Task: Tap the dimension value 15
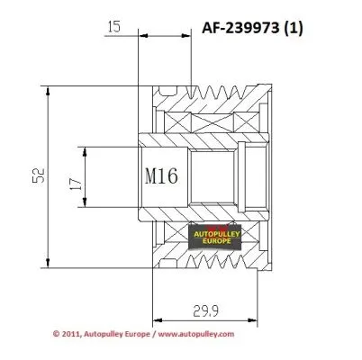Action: [x=113, y=28]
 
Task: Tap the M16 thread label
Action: [x=165, y=176]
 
